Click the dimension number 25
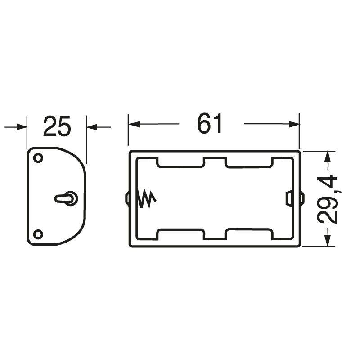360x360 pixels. pyautogui.click(x=57, y=126)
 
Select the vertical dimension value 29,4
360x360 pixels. pyautogui.click(x=327, y=199)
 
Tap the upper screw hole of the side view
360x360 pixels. pyautogui.click(x=38, y=158)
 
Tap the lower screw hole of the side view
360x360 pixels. pyautogui.click(x=38, y=234)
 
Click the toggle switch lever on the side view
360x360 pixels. pyautogui.click(x=66, y=198)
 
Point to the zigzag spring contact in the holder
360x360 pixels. pyautogui.click(x=147, y=198)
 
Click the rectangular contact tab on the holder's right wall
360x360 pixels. pyautogui.click(x=288, y=198)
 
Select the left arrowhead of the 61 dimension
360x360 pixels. pyautogui.click(x=134, y=124)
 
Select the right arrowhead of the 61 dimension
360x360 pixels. pyautogui.click(x=294, y=124)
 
